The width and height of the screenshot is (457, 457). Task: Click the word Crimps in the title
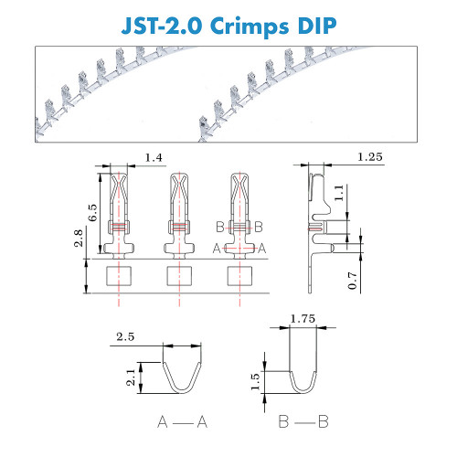250,27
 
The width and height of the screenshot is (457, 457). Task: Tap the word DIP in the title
317,26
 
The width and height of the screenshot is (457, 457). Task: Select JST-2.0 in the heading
162,26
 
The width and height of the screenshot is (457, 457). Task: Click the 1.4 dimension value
154,157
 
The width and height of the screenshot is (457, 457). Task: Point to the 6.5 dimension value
92,213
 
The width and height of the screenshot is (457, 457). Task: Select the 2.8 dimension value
79,238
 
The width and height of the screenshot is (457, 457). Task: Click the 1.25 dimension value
369,157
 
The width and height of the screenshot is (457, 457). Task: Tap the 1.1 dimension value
339,193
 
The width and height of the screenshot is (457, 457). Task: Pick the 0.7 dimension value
352,281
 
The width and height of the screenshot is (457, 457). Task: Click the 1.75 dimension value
303,319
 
